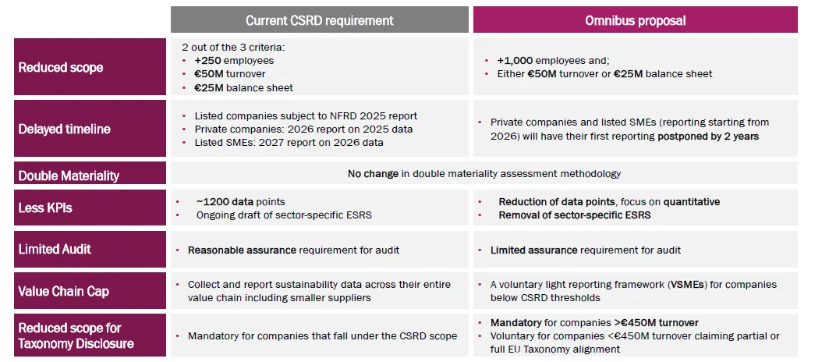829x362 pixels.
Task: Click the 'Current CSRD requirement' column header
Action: (319, 20)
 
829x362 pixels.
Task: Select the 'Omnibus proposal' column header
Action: (635, 20)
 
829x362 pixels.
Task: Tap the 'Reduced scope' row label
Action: (61, 68)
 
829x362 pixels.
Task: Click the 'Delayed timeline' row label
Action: (65, 129)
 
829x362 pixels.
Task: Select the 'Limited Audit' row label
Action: (55, 250)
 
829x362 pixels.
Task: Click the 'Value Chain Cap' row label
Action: (64, 291)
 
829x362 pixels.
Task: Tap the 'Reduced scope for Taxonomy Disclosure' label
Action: (76, 335)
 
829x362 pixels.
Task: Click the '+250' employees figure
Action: (209, 60)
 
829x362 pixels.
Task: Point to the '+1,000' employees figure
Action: (515, 60)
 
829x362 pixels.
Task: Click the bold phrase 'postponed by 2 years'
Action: (707, 136)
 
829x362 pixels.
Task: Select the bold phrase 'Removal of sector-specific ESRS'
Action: (575, 215)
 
